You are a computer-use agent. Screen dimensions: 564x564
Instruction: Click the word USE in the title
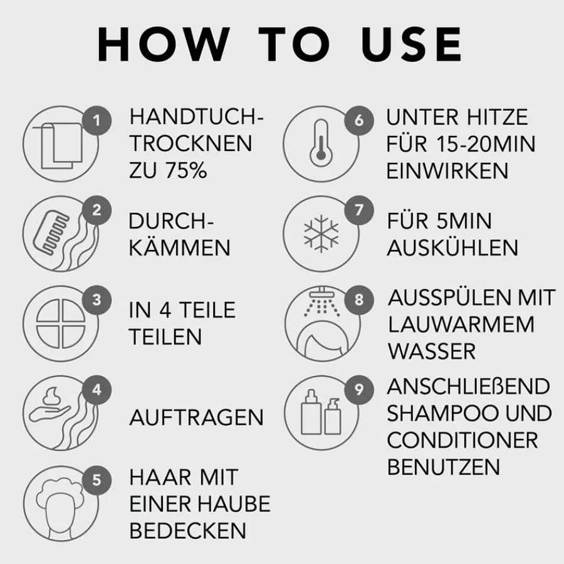[x=411, y=44]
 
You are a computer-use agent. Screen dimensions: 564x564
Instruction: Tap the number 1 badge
[x=97, y=120]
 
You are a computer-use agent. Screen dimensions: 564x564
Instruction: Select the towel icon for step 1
[x=58, y=145]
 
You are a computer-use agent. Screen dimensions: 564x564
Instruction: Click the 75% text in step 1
[x=186, y=170]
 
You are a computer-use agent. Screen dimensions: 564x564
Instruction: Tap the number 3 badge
[x=97, y=300]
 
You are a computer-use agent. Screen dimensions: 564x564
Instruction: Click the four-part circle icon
[x=61, y=324]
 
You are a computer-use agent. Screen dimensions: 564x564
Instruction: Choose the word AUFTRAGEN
[x=196, y=417]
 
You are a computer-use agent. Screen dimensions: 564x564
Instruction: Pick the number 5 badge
[x=97, y=480]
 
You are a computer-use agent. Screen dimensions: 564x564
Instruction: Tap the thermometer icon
[x=321, y=143]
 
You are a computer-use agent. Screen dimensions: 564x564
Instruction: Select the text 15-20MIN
[x=486, y=144]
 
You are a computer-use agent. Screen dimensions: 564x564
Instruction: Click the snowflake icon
[x=321, y=234]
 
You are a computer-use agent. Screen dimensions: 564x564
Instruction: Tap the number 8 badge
[x=359, y=300]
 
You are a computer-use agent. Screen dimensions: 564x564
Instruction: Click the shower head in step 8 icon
[x=323, y=293]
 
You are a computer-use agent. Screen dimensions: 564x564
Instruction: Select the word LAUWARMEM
[x=461, y=325]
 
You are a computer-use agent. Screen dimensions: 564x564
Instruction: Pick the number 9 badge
[x=359, y=389]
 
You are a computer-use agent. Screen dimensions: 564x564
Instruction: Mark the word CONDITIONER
[x=462, y=440]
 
